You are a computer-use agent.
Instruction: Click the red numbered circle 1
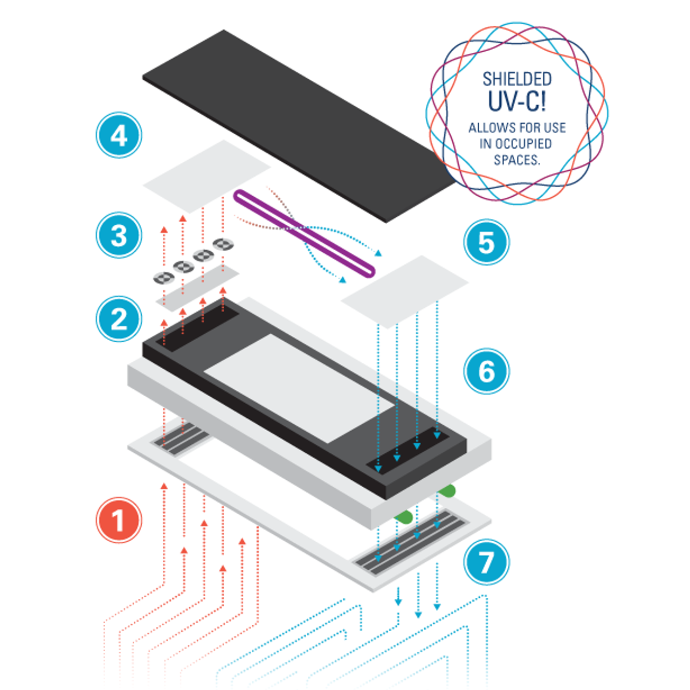tap(119, 520)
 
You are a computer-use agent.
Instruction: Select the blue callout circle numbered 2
tap(119, 319)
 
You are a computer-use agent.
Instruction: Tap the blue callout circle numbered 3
tap(119, 235)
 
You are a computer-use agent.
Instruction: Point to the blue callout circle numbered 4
tap(119, 135)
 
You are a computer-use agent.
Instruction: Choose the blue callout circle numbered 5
tap(486, 242)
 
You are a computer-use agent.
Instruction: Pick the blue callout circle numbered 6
tap(486, 371)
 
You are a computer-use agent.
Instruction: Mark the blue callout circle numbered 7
tap(486, 562)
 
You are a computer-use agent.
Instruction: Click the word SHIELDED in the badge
tap(517, 79)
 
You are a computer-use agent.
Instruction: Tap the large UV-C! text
tap(517, 101)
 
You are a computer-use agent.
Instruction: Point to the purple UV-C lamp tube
tap(305, 233)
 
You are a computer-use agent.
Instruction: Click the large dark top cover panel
tap(299, 126)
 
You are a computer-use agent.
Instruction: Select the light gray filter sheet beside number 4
tap(206, 176)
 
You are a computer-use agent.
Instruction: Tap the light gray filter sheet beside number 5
tap(405, 292)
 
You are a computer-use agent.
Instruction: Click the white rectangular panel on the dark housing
tap(299, 388)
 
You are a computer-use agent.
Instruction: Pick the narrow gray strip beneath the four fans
tap(198, 288)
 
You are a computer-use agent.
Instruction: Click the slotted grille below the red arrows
tap(182, 438)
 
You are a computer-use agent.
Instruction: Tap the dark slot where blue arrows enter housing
tap(408, 451)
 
